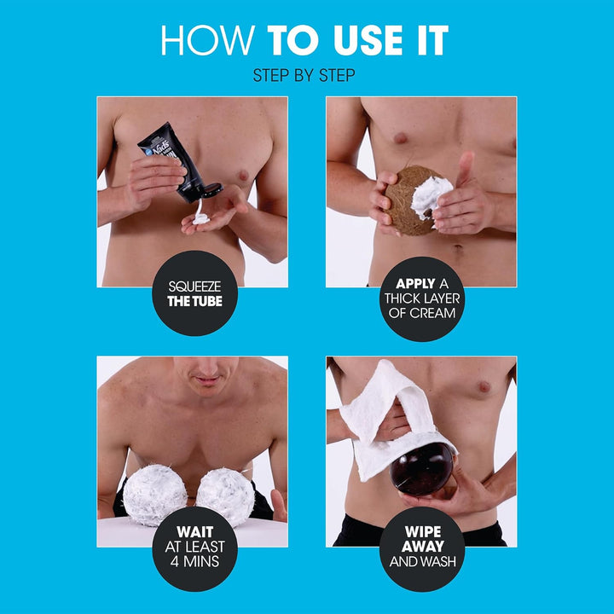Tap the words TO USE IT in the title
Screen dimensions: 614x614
(x=358, y=42)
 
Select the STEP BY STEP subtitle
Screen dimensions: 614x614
(x=304, y=76)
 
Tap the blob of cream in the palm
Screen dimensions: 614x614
(x=201, y=218)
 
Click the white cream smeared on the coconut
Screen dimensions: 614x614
(x=432, y=195)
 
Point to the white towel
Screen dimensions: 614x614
(x=384, y=418)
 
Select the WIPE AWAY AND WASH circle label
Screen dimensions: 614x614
(x=422, y=548)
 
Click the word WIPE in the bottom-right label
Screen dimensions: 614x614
(x=422, y=534)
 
